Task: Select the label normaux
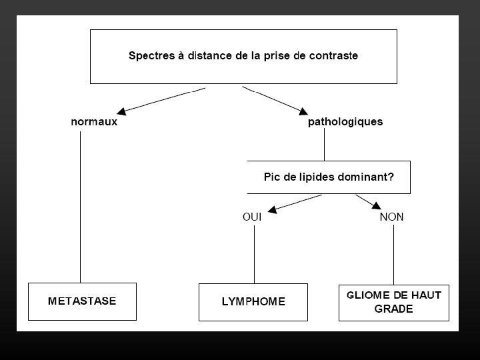[94, 122]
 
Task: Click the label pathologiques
[345, 122]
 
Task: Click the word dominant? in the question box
[367, 177]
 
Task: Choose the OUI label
[252, 217]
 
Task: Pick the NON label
[392, 217]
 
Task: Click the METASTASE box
[82, 301]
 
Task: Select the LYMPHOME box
[253, 301]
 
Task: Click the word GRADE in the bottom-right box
[393, 309]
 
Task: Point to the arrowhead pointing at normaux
[121, 110]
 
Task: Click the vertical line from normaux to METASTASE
[81, 207]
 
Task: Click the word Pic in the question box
[273, 177]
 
